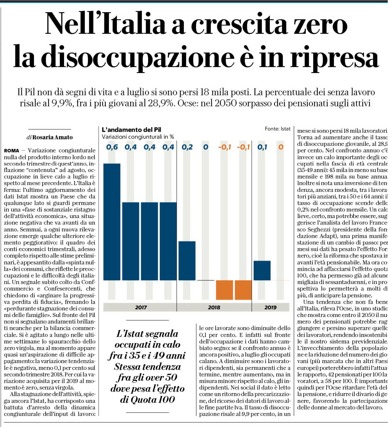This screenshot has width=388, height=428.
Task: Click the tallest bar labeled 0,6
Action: point(112,222)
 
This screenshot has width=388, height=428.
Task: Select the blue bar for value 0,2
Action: point(187,261)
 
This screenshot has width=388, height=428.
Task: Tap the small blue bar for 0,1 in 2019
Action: point(262,270)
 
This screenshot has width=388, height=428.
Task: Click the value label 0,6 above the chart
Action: point(112,147)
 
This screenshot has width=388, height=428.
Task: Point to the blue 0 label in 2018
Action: point(206,147)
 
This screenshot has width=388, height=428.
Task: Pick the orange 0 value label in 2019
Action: point(281,147)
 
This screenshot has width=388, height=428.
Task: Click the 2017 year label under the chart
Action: point(141,307)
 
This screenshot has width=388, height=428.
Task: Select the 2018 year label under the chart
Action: point(214,307)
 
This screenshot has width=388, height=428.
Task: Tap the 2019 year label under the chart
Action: point(270,307)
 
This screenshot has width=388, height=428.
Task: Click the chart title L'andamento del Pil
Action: point(131,130)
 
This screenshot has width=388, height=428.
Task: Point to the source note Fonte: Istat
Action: point(278,129)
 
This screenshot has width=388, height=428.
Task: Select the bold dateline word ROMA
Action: point(12,151)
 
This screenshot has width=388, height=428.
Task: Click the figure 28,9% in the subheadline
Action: point(161,103)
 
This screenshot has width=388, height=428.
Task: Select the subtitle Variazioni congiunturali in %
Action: point(138,137)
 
